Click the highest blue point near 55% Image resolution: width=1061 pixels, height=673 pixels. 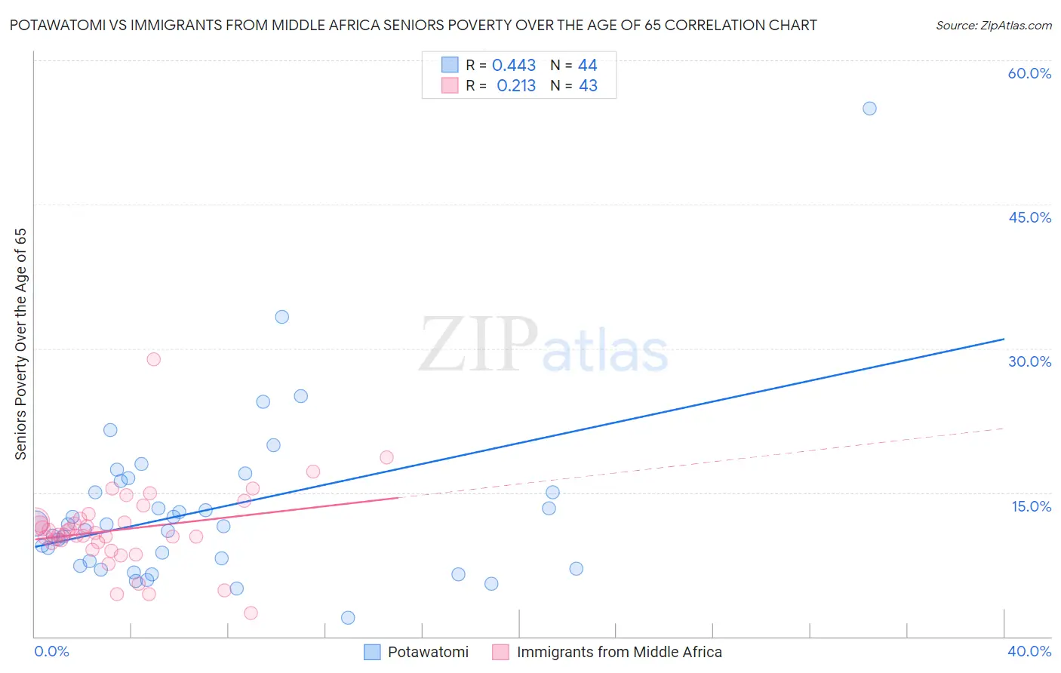869,108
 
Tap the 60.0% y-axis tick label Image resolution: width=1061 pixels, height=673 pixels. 1029,73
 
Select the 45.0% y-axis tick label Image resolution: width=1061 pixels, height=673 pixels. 1029,217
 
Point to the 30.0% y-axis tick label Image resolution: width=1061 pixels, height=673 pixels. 1029,361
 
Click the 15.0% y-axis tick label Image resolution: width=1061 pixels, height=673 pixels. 1031,506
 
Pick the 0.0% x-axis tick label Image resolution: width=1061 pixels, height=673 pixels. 51,651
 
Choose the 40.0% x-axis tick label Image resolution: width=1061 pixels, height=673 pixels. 1029,651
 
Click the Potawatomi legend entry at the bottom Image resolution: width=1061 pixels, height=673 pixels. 428,652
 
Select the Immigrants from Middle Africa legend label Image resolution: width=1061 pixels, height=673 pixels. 619,652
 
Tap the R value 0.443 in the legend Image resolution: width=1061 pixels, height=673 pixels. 514,66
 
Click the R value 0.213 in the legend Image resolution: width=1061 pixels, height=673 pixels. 516,86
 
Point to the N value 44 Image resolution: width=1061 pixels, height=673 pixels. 588,66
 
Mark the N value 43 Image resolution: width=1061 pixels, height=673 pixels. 588,86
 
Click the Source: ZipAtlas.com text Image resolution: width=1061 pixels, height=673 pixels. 993,26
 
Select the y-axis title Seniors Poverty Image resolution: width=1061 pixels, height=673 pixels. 21,343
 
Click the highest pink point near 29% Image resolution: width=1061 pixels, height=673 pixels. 153,359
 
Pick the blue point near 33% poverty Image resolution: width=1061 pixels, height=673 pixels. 281,317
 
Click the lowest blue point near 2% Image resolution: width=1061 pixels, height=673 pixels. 348,618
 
